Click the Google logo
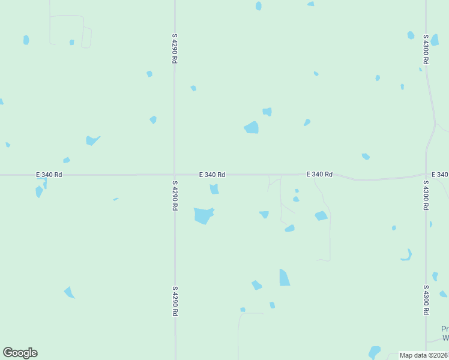point(20,353)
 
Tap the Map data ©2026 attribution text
point(424,355)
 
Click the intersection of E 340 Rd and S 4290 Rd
point(175,175)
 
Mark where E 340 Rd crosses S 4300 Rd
point(426,175)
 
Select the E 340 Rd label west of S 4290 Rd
point(49,175)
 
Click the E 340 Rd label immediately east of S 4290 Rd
point(212,175)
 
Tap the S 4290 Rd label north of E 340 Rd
point(175,49)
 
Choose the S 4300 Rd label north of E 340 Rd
point(426,49)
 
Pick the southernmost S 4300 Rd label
point(426,299)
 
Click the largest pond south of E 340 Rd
point(203,215)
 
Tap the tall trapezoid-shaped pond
point(284,277)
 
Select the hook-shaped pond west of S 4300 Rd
point(407,256)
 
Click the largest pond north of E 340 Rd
point(252,127)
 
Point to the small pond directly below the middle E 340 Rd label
point(214,189)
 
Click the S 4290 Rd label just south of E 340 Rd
point(175,195)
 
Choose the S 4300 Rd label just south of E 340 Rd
point(426,195)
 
